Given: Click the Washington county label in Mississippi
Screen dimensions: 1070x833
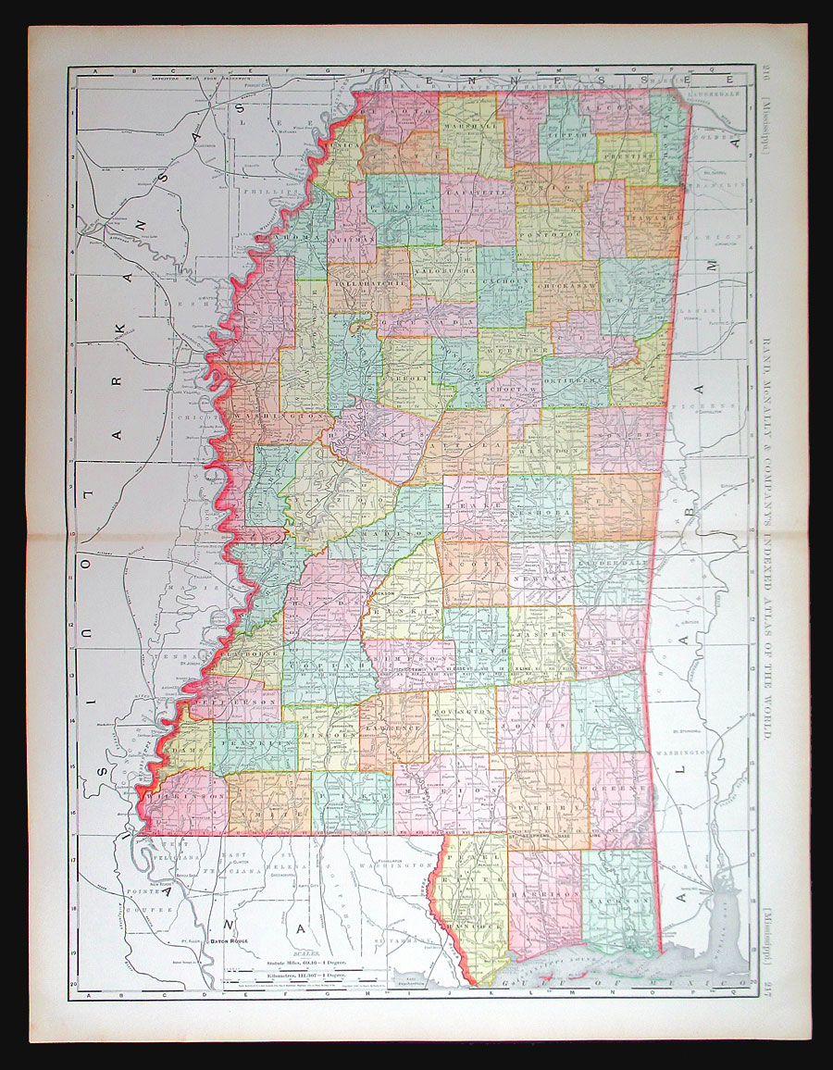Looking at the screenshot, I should [271, 417].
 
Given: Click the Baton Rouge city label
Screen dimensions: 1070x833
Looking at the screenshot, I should [231, 939].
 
